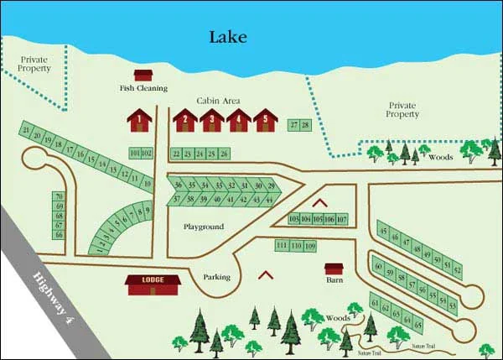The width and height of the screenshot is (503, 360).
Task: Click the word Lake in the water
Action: pyautogui.click(x=229, y=36)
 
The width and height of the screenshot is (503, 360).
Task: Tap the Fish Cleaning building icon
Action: pyautogui.click(x=143, y=76)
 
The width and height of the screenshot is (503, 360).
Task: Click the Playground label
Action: pyautogui.click(x=204, y=227)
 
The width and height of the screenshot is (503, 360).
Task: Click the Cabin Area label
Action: pyautogui.click(x=219, y=101)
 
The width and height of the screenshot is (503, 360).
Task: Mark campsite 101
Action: pyautogui.click(x=135, y=154)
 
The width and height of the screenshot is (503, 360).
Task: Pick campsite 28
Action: pyautogui.click(x=305, y=125)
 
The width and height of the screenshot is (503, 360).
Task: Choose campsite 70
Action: pyautogui.click(x=59, y=196)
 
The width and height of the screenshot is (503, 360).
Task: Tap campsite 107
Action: pyautogui.click(x=341, y=219)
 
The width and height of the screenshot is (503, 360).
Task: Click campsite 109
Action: pyautogui.click(x=310, y=246)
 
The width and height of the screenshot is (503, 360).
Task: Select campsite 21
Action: pyautogui.click(x=27, y=130)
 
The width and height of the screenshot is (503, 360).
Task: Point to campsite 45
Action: pyautogui.click(x=383, y=232)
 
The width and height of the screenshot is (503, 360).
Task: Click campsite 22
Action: pyautogui.click(x=176, y=154)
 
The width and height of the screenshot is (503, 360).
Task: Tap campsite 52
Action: pyautogui.click(x=457, y=269)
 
